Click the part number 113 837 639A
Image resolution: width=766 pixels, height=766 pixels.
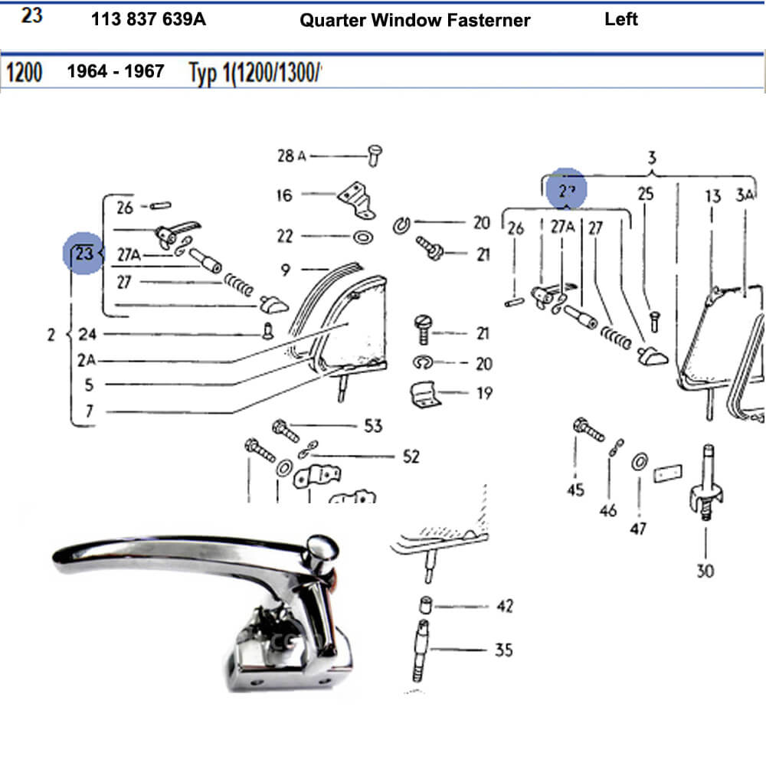click(148, 20)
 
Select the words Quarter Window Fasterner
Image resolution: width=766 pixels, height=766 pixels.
click(414, 21)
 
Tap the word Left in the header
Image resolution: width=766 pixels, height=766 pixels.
click(620, 19)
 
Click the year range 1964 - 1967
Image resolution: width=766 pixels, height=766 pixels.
click(116, 71)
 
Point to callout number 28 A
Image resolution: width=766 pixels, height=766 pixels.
click(291, 156)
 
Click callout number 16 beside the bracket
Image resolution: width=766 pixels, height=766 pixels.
click(284, 195)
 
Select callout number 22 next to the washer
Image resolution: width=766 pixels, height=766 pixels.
click(285, 236)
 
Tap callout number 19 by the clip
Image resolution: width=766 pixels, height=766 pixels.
click(484, 394)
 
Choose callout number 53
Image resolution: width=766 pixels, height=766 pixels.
click(373, 425)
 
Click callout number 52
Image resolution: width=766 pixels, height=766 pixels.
click(411, 457)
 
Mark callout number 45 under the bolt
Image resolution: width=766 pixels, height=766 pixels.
click(575, 489)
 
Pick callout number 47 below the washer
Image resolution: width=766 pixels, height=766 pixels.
click(638, 528)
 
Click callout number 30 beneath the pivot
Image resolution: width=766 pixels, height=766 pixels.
click(705, 571)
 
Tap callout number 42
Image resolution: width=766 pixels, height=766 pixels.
click(504, 606)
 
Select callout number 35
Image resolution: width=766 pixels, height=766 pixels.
click(503, 650)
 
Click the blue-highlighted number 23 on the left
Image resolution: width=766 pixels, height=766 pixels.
click(83, 254)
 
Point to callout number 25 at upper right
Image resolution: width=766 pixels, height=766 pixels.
click(646, 194)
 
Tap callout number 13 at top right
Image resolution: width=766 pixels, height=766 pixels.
click(712, 196)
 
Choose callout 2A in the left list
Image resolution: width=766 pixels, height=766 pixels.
click(87, 360)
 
